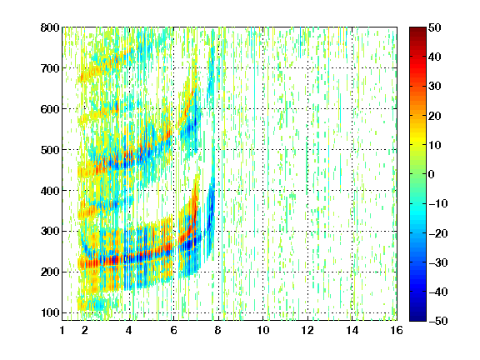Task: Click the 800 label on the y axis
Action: click(x=50, y=27)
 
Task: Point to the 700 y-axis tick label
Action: click(x=50, y=68)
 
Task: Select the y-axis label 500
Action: click(x=50, y=150)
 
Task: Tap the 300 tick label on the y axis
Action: click(x=50, y=231)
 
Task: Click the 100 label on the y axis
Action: click(x=50, y=312)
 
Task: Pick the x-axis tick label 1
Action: click(x=62, y=330)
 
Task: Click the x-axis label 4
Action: click(x=129, y=330)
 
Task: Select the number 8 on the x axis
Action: click(x=218, y=330)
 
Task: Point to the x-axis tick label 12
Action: click(x=307, y=330)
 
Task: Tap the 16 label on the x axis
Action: click(x=397, y=330)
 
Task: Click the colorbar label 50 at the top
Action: click(x=434, y=27)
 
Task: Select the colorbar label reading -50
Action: click(x=438, y=321)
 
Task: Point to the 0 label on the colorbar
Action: click(x=432, y=174)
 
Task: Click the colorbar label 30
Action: click(x=434, y=87)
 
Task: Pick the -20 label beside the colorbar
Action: click(x=438, y=233)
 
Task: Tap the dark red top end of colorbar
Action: click(x=417, y=29)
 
